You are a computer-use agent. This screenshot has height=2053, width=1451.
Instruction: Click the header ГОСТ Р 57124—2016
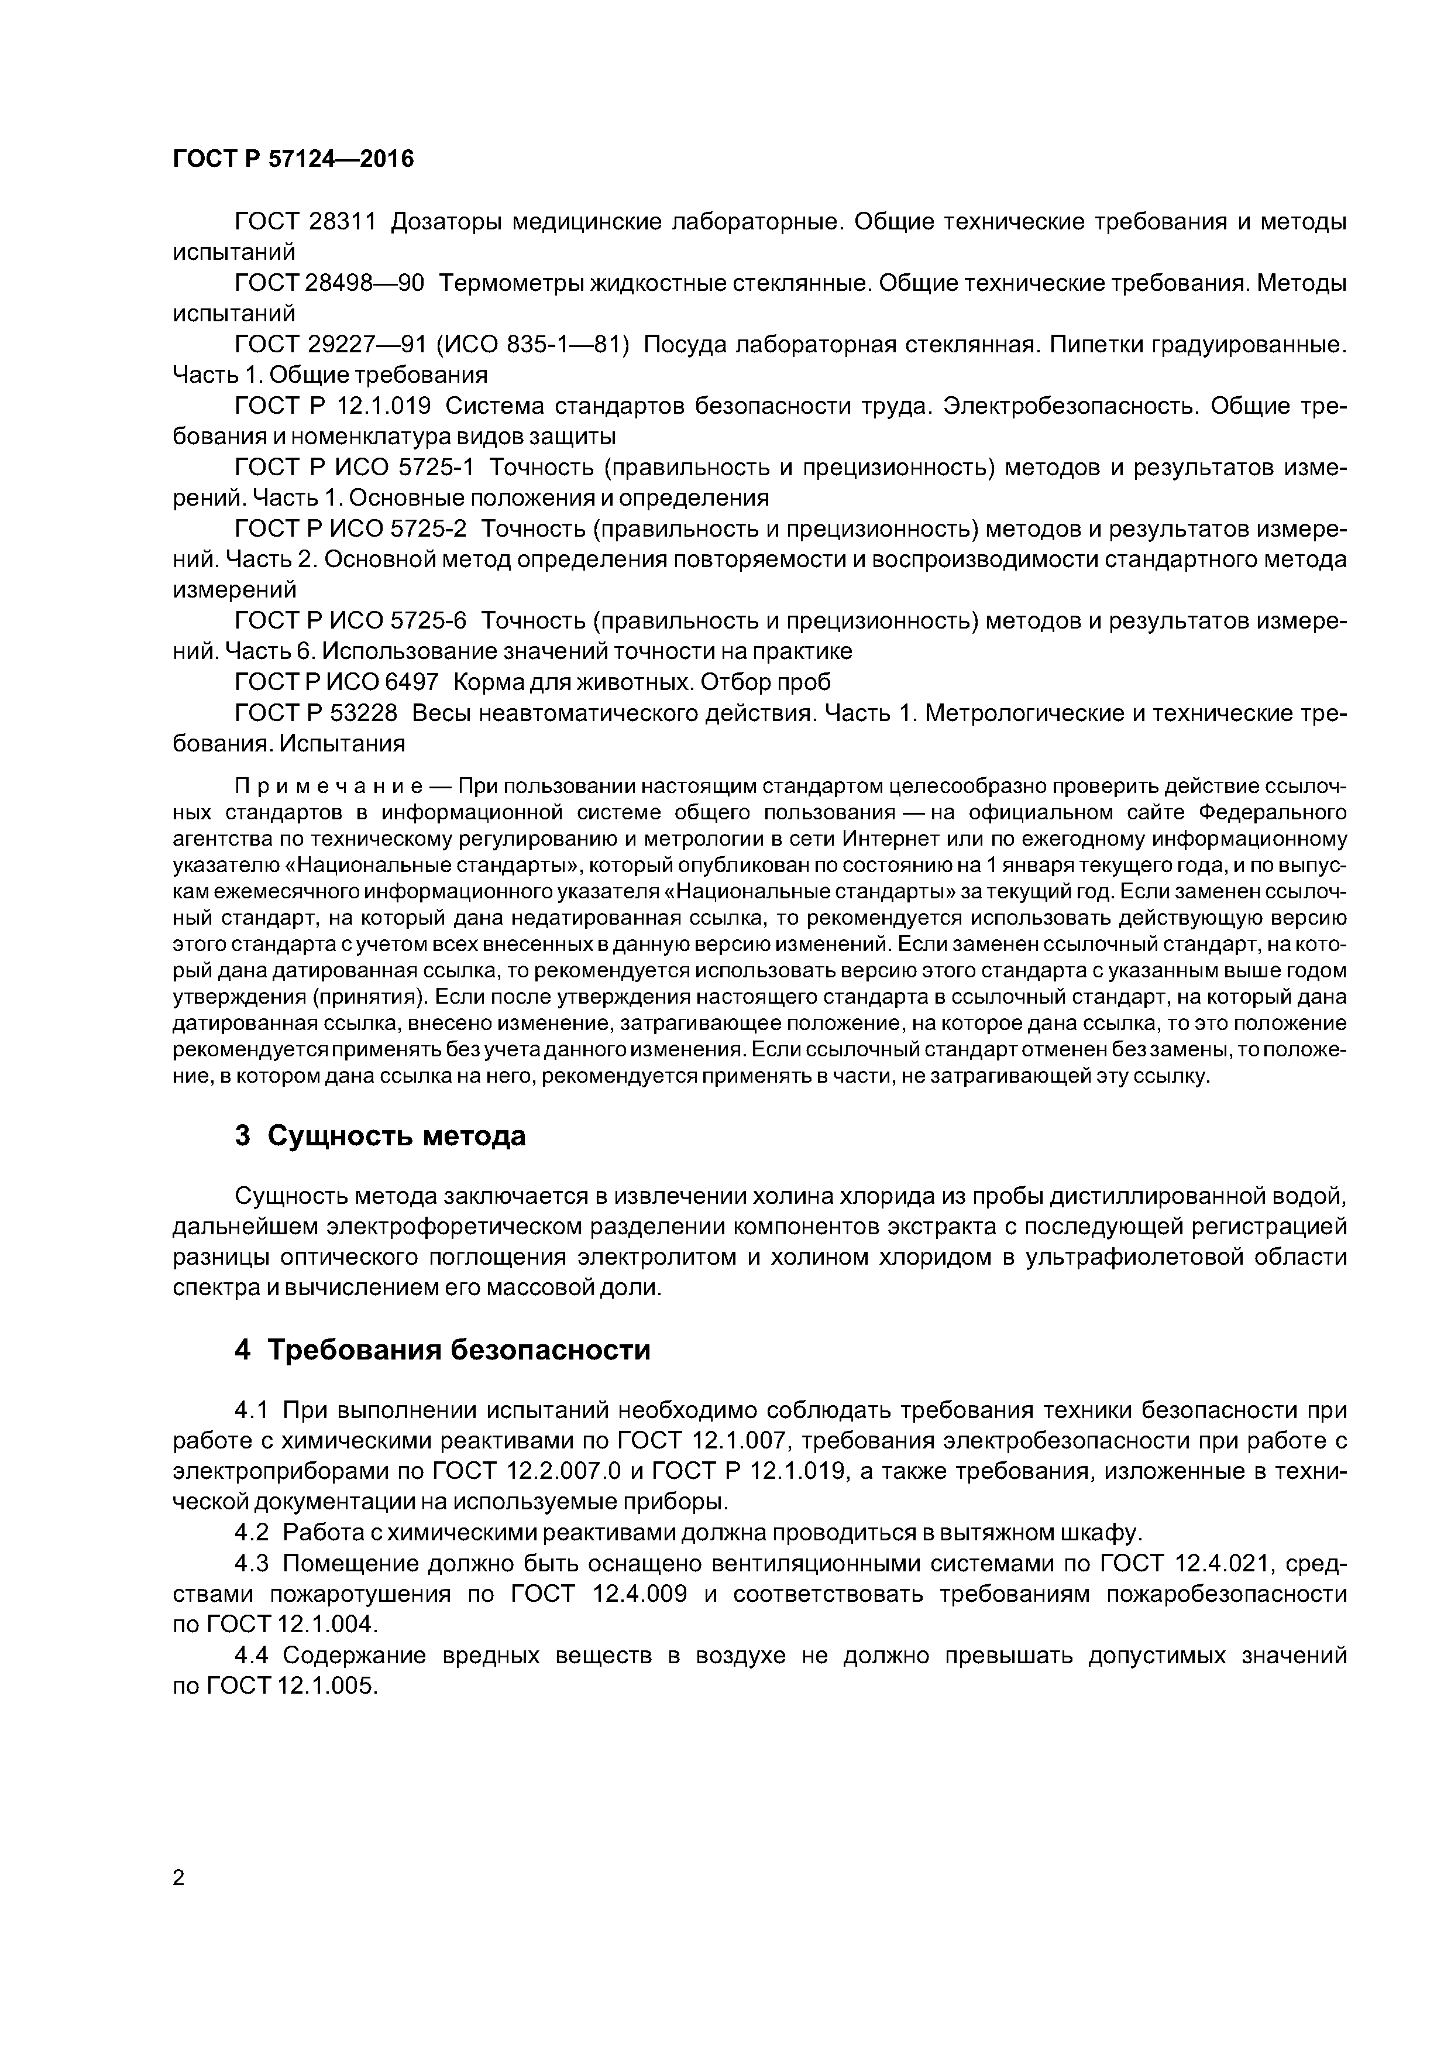pyautogui.click(x=293, y=159)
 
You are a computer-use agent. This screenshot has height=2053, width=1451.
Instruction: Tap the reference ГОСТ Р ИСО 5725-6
pyautogui.click(x=350, y=620)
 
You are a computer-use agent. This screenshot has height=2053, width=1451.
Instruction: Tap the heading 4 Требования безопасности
pyautogui.click(x=442, y=1350)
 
